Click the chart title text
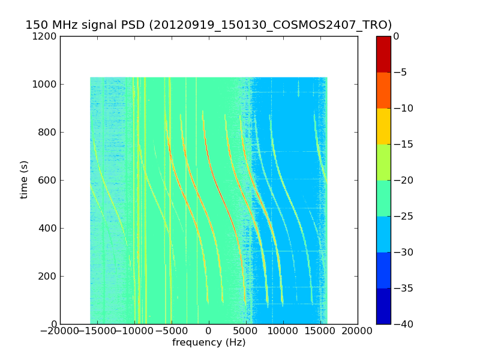pos(208,25)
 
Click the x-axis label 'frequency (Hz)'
pos(209,343)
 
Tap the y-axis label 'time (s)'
pos(24,179)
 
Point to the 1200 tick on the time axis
pos(46,36)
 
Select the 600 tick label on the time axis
pos(48,180)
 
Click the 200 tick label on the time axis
pos(48,276)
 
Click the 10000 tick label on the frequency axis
pos(283,330)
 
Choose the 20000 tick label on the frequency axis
pos(358,330)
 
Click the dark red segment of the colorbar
pos(383,54)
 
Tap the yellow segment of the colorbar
pos(383,126)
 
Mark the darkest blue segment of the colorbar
pos(383,306)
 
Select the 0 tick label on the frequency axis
pos(209,330)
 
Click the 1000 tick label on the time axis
pos(46,84)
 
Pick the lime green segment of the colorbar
pos(383,162)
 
